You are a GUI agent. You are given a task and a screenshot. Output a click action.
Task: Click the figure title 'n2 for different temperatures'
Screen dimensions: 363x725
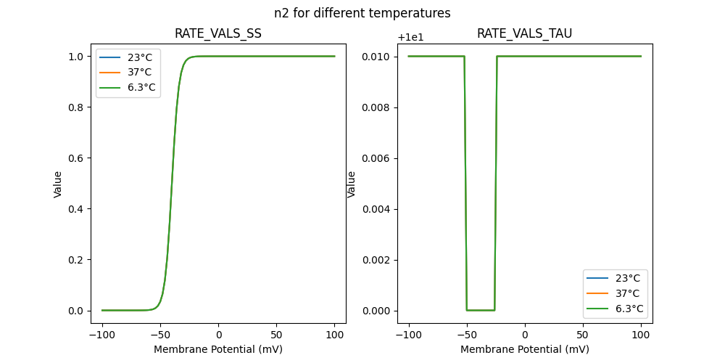coord(362,13)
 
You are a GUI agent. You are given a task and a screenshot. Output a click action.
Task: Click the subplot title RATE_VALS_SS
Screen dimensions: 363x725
coord(218,34)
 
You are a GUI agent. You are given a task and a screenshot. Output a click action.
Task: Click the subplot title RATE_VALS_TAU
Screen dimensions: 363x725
coord(525,34)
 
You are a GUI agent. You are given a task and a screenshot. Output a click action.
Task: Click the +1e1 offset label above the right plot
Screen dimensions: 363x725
coord(413,38)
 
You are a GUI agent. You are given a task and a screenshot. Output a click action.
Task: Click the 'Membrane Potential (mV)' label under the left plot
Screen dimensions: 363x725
coord(218,349)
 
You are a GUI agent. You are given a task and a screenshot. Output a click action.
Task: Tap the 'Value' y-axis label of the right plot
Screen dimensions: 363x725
coord(352,184)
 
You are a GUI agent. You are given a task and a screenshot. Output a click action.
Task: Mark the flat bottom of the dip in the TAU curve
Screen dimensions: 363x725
coord(481,310)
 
